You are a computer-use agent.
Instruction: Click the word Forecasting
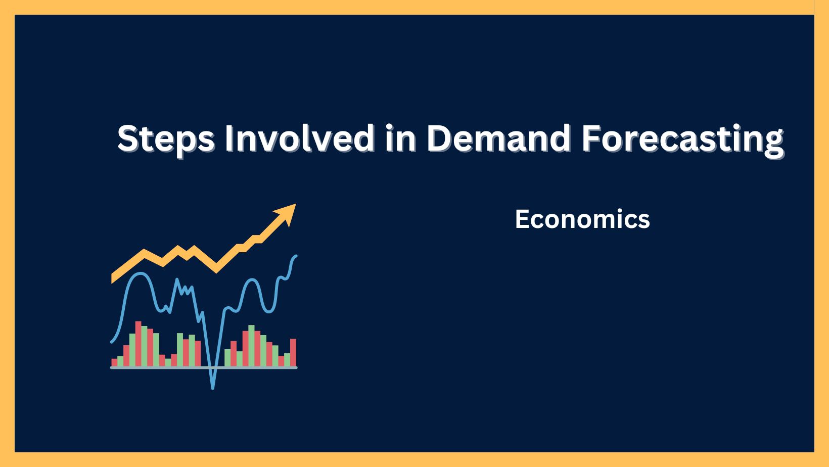[x=682, y=138]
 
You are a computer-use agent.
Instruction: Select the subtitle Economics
[x=582, y=219]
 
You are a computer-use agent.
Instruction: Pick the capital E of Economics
[x=521, y=219]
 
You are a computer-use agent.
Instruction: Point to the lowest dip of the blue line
[x=213, y=387]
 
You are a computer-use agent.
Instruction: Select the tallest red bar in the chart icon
[x=139, y=344]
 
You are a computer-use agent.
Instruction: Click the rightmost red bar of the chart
[x=293, y=352]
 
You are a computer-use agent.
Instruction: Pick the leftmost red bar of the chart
[x=114, y=362]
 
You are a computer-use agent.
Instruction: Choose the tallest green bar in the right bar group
[x=251, y=346]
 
